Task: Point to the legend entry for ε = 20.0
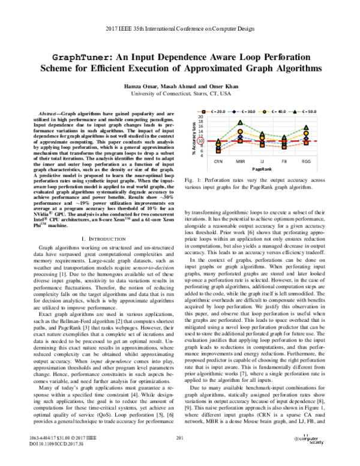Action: coord(218,111)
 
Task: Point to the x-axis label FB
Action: coord(284,162)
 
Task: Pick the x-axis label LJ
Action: coord(262,162)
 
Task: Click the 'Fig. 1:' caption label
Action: coord(193,180)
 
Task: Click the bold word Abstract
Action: coord(49,113)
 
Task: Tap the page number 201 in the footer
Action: coord(179,442)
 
